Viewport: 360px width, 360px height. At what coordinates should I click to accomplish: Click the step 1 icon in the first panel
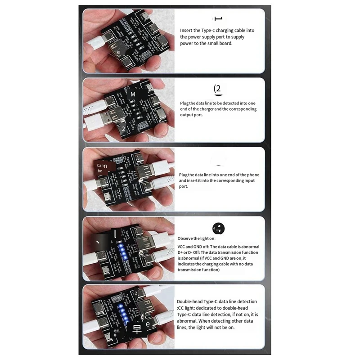pos(219,18)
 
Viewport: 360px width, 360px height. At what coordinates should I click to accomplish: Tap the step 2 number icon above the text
pos(217,88)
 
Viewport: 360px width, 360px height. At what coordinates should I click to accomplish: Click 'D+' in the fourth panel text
pos(181,252)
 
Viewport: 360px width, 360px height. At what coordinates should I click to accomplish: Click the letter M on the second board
pos(133,95)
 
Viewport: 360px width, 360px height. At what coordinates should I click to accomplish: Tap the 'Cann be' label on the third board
pos(102,168)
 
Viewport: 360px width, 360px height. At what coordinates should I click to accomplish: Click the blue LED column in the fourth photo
pos(121,252)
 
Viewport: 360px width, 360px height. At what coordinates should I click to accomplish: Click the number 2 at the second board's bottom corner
pos(123,129)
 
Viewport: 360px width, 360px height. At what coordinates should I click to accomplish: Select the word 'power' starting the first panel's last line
pos(187,44)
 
